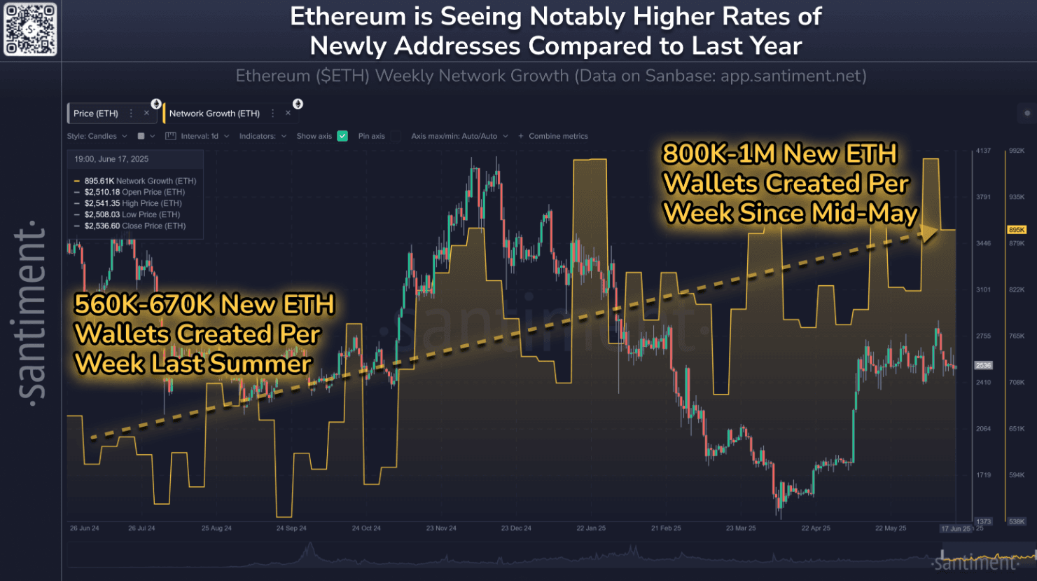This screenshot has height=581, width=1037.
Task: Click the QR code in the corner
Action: [29, 29]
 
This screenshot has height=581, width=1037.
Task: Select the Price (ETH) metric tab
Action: [96, 114]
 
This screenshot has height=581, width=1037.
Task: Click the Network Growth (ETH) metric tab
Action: [214, 114]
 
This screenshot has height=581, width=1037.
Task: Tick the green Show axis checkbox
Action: [342, 136]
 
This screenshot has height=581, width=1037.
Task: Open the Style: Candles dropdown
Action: [97, 136]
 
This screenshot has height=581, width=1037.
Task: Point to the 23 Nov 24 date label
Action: [441, 528]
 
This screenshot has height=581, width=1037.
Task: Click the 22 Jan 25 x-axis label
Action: [591, 528]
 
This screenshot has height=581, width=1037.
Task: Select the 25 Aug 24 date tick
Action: [216, 528]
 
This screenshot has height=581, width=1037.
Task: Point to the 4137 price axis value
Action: [983, 151]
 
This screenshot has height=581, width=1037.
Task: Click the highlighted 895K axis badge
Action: [1016, 230]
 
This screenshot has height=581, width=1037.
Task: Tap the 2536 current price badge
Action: [983, 365]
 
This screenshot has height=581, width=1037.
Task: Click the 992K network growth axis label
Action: [1017, 151]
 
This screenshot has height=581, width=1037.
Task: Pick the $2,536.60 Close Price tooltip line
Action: [134, 226]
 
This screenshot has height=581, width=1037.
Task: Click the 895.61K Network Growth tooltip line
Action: [140, 181]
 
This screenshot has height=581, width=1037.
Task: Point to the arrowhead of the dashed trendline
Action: [931, 233]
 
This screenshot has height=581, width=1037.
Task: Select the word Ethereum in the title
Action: [347, 16]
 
